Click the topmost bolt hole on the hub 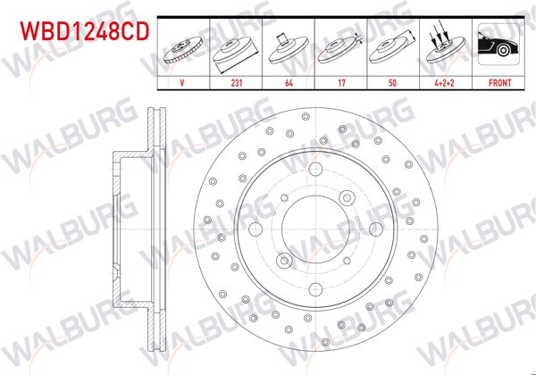pos(315,173)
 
